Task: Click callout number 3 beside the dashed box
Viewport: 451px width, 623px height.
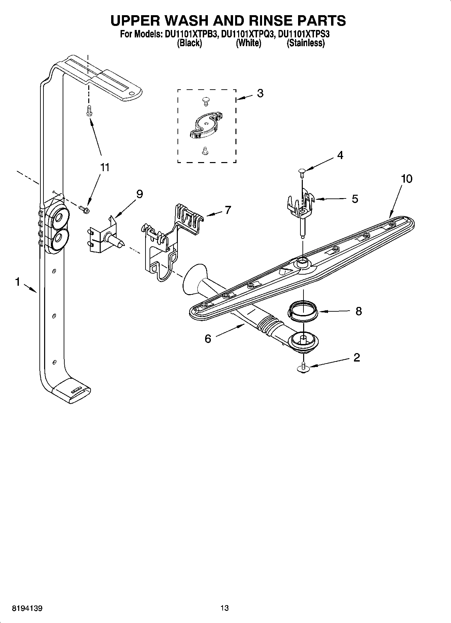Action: [x=260, y=93]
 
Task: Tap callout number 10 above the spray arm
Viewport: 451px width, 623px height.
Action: [x=407, y=179]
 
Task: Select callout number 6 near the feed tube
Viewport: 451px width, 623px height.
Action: [x=208, y=339]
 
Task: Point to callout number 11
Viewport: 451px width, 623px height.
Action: [x=105, y=167]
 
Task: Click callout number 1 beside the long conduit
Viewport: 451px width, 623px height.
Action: [x=18, y=282]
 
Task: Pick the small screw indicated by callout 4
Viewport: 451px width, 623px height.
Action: [x=301, y=173]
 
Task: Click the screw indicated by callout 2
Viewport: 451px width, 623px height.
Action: [x=303, y=368]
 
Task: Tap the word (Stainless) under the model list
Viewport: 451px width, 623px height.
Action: [x=305, y=43]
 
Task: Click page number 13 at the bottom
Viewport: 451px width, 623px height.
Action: [x=225, y=608]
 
